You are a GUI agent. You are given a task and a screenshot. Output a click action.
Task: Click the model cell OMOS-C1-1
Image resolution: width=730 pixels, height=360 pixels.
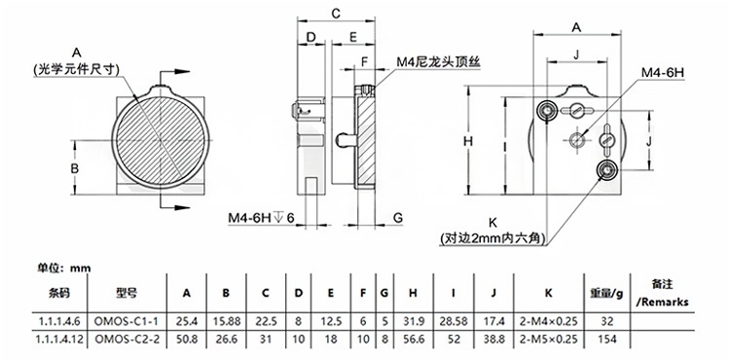click(x=127, y=321)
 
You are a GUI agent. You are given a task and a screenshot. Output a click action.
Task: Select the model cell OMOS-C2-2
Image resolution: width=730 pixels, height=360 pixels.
click(x=127, y=340)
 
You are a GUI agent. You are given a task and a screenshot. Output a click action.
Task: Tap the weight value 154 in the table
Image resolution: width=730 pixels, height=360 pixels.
click(x=606, y=340)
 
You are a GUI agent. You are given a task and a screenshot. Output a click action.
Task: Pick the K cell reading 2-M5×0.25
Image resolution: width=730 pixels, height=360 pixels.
click(x=548, y=340)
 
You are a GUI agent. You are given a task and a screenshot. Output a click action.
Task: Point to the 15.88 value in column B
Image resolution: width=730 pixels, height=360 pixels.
click(x=226, y=321)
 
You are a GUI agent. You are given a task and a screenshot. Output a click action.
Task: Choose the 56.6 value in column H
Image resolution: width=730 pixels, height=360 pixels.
click(x=413, y=340)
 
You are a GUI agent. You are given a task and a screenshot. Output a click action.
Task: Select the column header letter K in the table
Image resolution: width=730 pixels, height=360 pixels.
click(x=548, y=293)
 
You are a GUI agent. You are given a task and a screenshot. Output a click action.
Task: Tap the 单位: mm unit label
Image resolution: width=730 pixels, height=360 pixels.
click(x=64, y=269)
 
